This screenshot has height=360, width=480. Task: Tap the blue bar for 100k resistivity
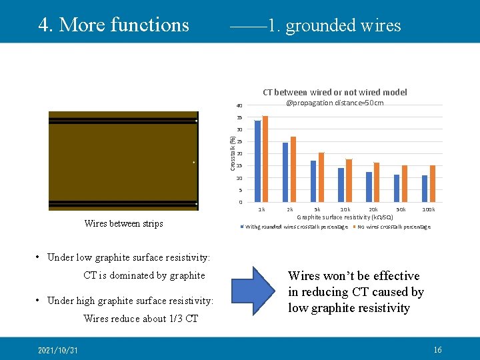(425, 189)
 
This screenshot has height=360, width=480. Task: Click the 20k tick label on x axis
(373, 209)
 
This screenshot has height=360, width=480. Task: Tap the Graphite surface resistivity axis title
(345, 217)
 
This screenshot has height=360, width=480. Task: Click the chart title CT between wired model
(335, 93)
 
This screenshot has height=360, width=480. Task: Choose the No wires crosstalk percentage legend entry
(393, 227)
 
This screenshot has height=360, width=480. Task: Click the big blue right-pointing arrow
(253, 291)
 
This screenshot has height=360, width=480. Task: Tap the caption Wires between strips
(123, 223)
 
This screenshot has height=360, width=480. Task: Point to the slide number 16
(437, 350)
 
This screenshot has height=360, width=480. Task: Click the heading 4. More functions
(114, 25)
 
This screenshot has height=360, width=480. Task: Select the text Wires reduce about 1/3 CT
(141, 319)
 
